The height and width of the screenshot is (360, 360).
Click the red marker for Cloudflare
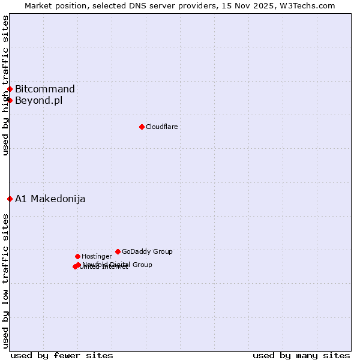click(x=142, y=127)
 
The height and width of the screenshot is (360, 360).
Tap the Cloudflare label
click(x=161, y=127)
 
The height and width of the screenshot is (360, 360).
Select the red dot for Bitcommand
click(x=10, y=89)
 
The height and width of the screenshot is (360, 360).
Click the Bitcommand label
click(x=45, y=89)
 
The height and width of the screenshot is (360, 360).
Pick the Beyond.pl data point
click(x=10, y=100)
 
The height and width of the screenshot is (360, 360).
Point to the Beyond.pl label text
click(x=38, y=100)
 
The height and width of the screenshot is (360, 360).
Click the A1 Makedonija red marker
click(x=10, y=199)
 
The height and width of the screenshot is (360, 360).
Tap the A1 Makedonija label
click(x=50, y=199)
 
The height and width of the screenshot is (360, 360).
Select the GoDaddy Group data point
click(x=118, y=251)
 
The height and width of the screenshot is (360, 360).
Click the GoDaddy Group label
click(x=147, y=251)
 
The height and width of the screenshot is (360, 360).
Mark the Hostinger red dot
click(x=77, y=256)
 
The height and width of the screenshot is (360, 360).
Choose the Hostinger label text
click(x=97, y=256)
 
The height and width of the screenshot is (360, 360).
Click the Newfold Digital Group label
click(x=118, y=265)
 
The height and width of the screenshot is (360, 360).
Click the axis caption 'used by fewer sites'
click(x=62, y=355)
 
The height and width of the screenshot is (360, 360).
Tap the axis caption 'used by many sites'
click(x=301, y=355)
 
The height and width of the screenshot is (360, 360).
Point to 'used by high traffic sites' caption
click(x=5, y=85)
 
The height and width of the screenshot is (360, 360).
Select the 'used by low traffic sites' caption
click(x=5, y=281)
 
